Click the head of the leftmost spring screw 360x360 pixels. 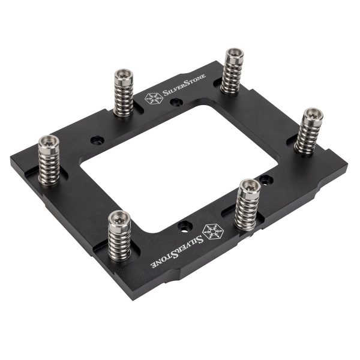[x=47, y=143]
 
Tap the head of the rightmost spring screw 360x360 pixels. [x=312, y=114]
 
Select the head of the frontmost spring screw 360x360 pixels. [x=119, y=218]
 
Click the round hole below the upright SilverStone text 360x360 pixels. [x=175, y=103]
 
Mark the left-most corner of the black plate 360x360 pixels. [x=11, y=161]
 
